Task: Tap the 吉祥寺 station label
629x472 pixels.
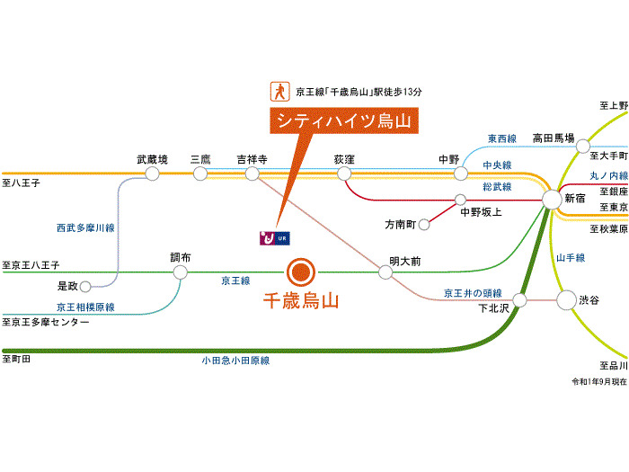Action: tap(252, 159)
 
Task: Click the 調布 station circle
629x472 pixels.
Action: tap(181, 272)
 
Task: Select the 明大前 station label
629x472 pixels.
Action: tap(404, 259)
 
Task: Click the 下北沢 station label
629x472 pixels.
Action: tap(493, 307)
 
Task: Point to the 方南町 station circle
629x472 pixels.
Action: tap(424, 224)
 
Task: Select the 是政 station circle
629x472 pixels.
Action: tap(85, 288)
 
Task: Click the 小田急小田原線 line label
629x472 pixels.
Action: tap(235, 361)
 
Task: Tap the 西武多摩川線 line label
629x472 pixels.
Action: tap(85, 228)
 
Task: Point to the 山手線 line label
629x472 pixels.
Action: tap(570, 258)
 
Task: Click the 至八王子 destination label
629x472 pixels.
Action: tap(22, 183)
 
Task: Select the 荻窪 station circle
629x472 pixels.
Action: tap(344, 174)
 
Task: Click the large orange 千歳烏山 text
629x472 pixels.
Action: tap(299, 302)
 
